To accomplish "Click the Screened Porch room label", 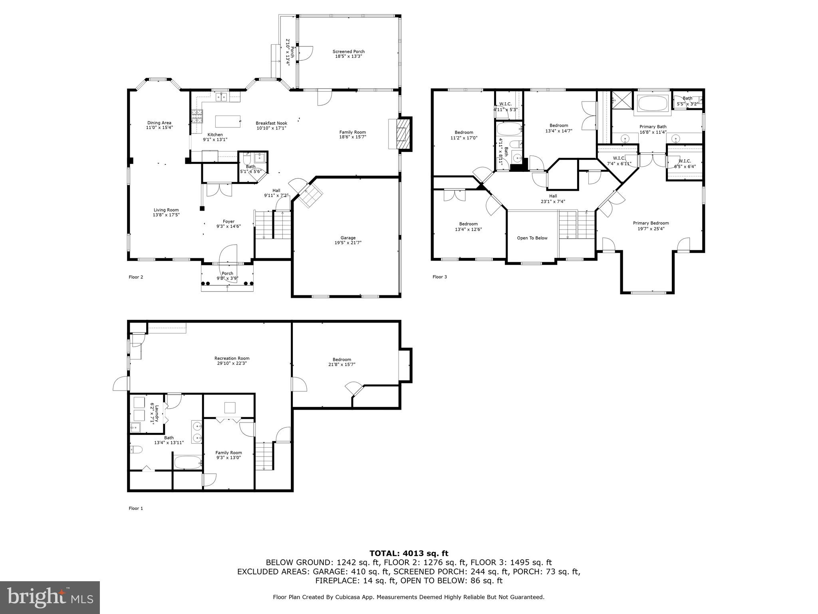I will tap(349, 54).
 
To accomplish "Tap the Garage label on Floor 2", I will tap(348, 240).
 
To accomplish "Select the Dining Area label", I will tap(159, 125).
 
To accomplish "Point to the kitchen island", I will tap(228, 121).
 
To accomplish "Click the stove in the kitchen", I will tap(197, 116).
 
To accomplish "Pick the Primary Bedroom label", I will tap(651, 226).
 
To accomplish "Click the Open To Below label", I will tap(532, 238).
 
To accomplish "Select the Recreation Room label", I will tap(232, 361).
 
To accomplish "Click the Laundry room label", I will tap(155, 413).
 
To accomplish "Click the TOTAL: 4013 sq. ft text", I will tap(409, 554).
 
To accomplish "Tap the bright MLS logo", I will tap(50, 597).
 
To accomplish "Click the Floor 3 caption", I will tap(440, 277).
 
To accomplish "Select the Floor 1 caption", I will tap(136, 508).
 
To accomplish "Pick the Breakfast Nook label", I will tap(271, 126).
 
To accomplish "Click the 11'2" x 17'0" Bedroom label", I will tap(464, 135).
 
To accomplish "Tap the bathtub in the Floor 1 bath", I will tap(188, 462).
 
